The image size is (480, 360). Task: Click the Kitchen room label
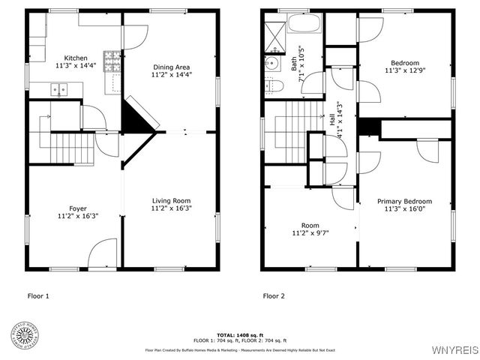(x=76, y=58)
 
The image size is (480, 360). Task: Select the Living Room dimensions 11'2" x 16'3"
(x=172, y=208)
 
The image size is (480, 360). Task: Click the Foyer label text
(x=78, y=208)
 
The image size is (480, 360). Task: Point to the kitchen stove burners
(x=112, y=60)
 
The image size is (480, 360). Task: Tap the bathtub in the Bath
(x=304, y=22)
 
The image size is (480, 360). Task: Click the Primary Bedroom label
(x=404, y=201)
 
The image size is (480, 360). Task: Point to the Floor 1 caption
(x=38, y=296)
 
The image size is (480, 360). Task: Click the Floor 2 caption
(x=274, y=296)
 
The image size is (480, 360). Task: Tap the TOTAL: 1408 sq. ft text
(x=239, y=334)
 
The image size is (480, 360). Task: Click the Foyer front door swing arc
(x=103, y=251)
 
